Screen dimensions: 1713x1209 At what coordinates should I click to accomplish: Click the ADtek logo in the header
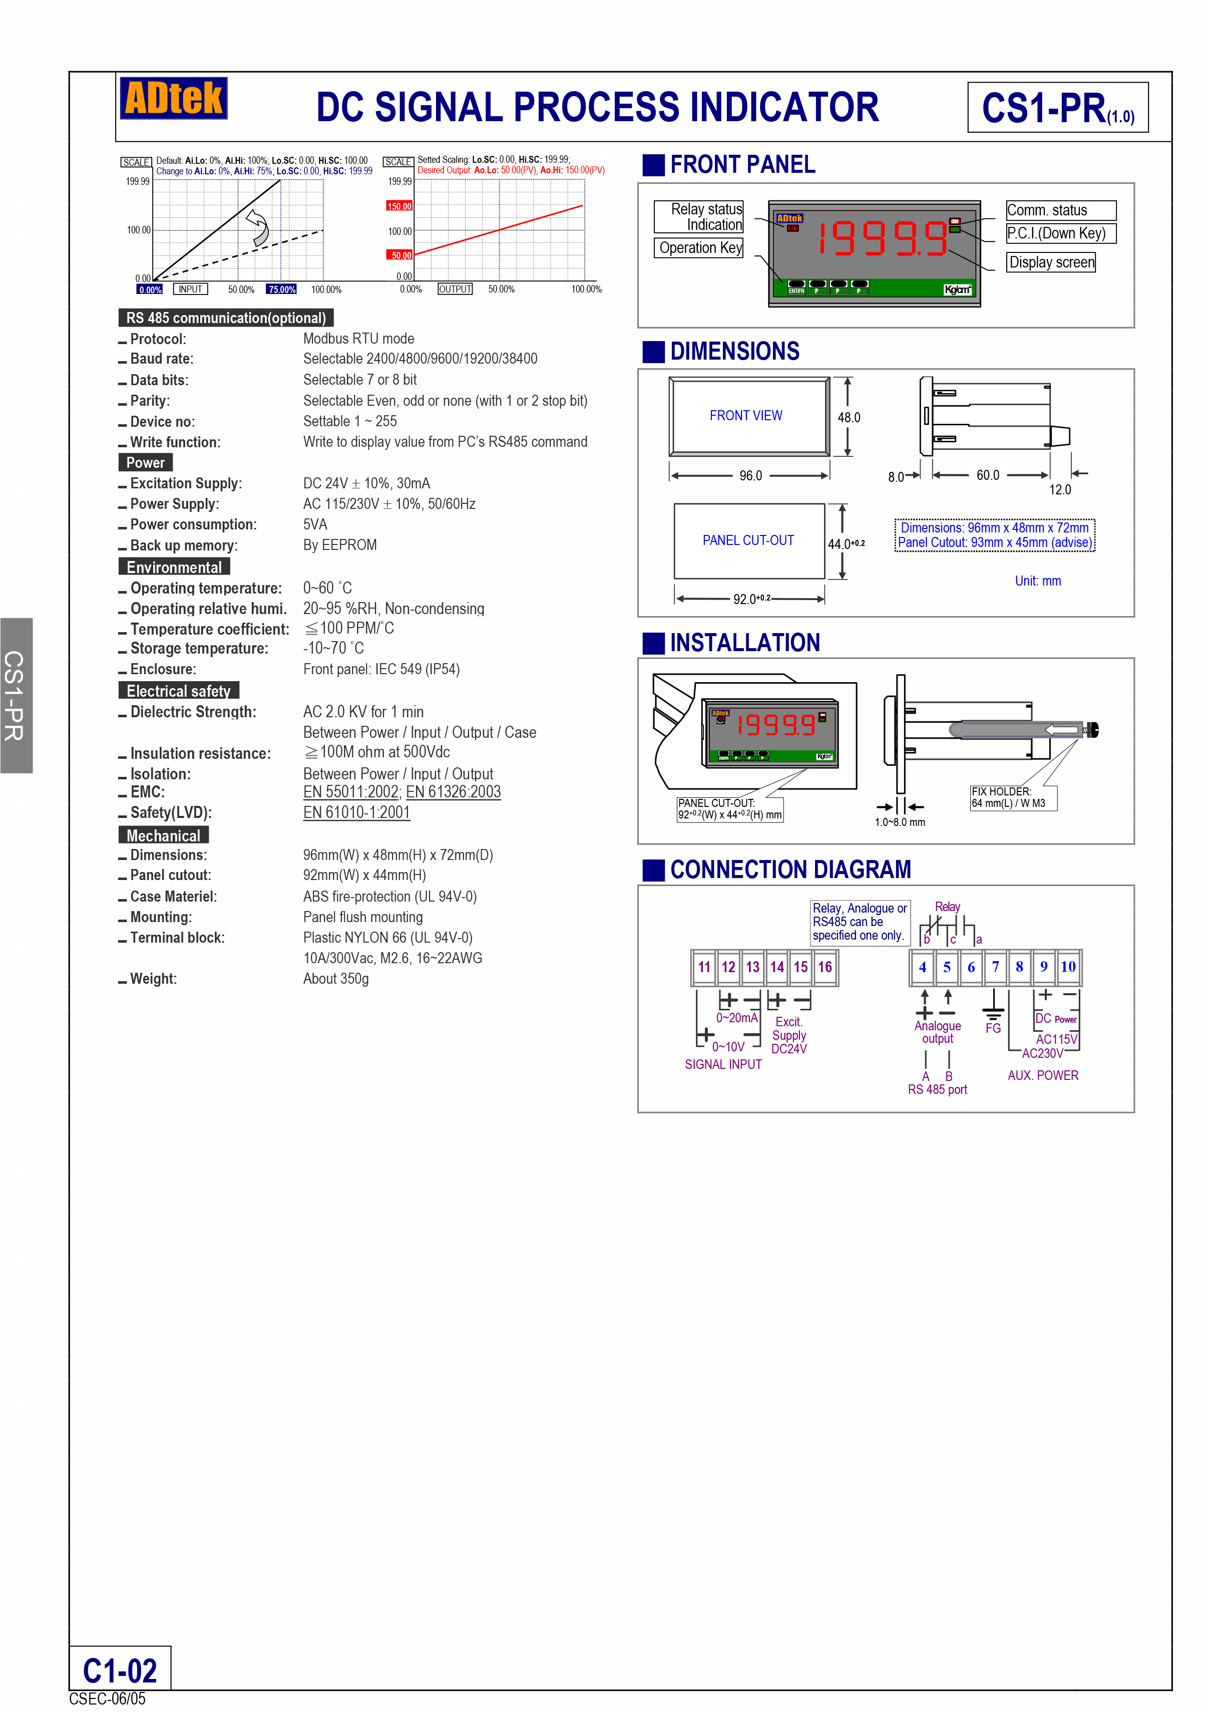173,99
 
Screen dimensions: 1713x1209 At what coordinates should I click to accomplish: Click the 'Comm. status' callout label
1060,210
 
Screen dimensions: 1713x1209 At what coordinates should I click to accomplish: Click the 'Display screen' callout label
1051,262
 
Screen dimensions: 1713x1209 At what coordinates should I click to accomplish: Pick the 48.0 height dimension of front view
849,418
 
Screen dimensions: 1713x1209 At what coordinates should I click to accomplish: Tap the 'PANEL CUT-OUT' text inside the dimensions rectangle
748,540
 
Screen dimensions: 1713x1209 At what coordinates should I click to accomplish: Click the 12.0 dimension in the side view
1059,490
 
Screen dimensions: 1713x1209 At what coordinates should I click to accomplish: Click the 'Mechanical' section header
163,835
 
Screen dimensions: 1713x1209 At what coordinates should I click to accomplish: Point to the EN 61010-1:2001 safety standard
356,812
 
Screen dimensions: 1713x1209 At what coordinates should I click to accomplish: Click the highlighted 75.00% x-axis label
282,290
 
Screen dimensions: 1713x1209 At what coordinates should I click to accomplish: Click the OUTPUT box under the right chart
455,290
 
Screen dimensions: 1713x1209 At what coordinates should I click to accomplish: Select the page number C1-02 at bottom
120,1671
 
